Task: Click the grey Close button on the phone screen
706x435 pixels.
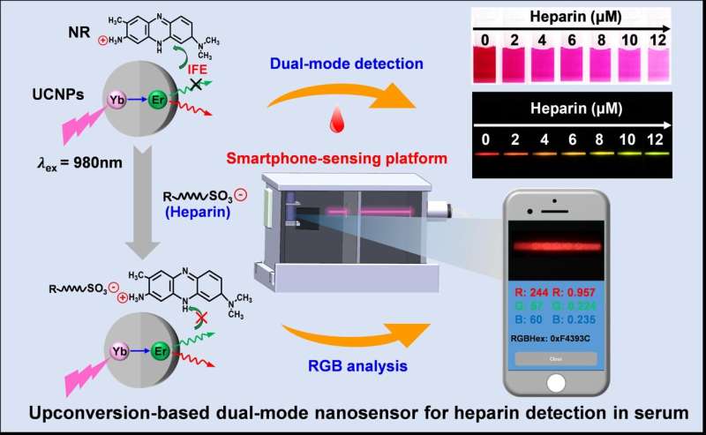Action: coord(556,359)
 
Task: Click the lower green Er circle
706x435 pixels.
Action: coord(159,350)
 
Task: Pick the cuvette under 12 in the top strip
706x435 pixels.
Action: coord(654,63)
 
